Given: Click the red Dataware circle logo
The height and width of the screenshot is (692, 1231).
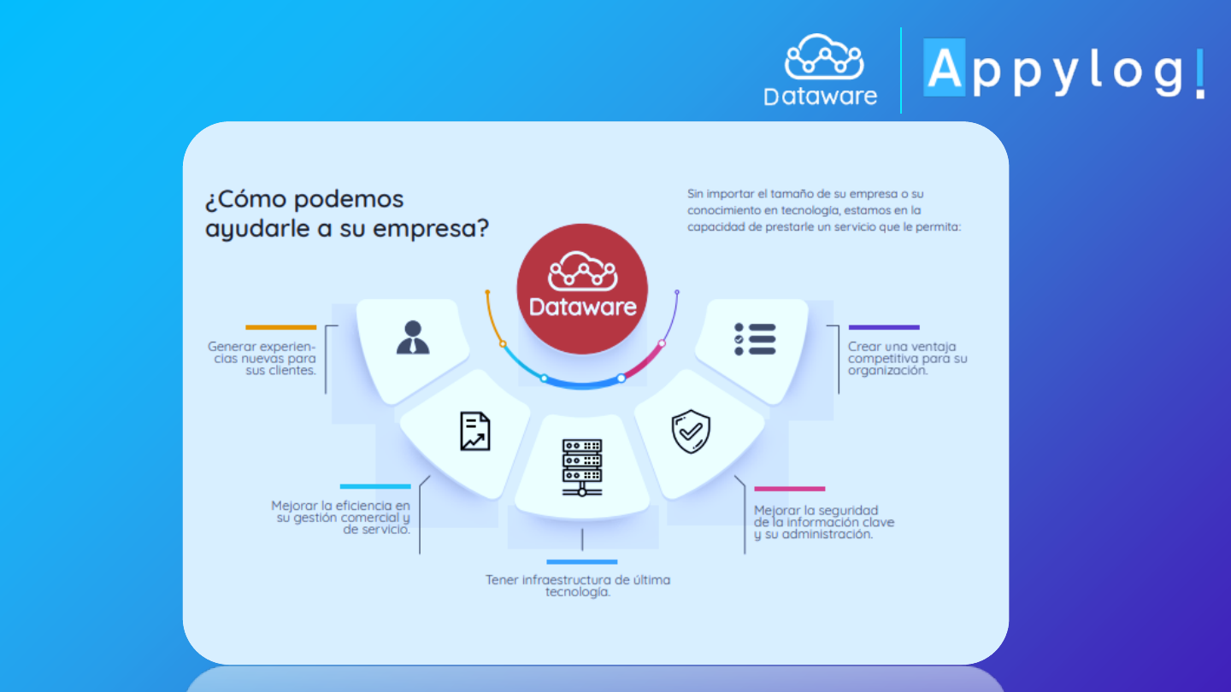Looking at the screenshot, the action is point(582,289).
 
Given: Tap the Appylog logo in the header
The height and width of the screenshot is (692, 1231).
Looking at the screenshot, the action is point(1064,69).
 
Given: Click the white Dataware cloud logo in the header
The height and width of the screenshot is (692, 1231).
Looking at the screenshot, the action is point(821,70).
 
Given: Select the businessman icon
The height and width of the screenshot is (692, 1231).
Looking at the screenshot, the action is point(413,337).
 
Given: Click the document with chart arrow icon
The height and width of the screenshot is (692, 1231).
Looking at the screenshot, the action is point(474,431).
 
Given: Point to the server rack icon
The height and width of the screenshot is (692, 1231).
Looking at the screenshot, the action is point(582,467).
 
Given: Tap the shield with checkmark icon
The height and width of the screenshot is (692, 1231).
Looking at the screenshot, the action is point(691,431).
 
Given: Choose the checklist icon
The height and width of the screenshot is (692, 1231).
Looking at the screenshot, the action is point(755,339).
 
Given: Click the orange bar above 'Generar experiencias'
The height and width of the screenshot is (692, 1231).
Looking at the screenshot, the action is point(280,327).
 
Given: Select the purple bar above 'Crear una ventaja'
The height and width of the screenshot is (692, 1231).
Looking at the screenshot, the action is point(884,327).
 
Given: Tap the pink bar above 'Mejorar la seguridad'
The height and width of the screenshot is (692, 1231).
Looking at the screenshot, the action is point(790,489).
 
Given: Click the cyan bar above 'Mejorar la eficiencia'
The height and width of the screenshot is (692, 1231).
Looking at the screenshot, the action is point(375,487).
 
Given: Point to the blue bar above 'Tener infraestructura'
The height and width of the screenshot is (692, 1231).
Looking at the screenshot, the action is point(582,562).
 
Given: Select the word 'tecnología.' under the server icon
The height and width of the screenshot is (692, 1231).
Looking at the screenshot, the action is point(578,592).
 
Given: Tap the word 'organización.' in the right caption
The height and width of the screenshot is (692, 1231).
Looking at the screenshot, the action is point(887,371).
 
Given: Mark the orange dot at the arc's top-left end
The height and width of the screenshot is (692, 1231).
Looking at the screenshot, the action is point(487,292).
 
